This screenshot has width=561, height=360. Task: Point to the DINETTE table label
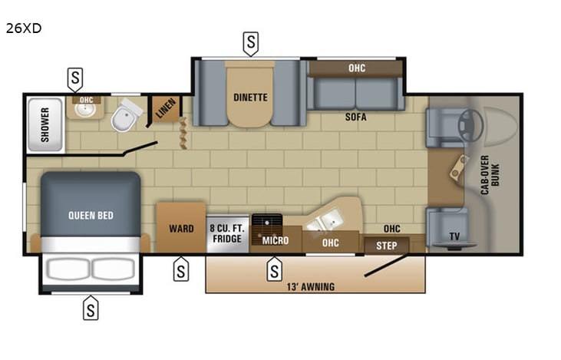coord(250,97)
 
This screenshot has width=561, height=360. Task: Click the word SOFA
coord(355,117)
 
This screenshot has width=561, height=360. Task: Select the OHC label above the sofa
coord(357,68)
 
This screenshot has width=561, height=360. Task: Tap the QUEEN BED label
coord(91,216)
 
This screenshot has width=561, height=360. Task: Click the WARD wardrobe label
coord(181,229)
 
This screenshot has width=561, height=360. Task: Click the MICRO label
coord(276,240)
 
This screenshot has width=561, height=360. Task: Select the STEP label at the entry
coord(387,246)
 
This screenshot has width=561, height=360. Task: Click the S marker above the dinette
coord(250,44)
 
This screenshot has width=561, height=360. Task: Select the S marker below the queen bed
coord(91,308)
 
